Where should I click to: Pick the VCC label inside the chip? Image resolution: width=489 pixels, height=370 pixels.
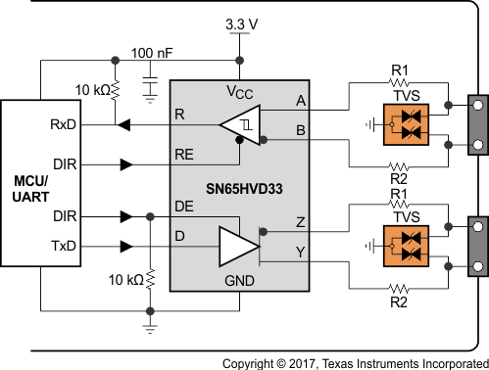point(239,93)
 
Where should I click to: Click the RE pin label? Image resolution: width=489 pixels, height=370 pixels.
point(183,154)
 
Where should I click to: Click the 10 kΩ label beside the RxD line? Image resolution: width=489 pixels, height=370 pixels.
point(93,90)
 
